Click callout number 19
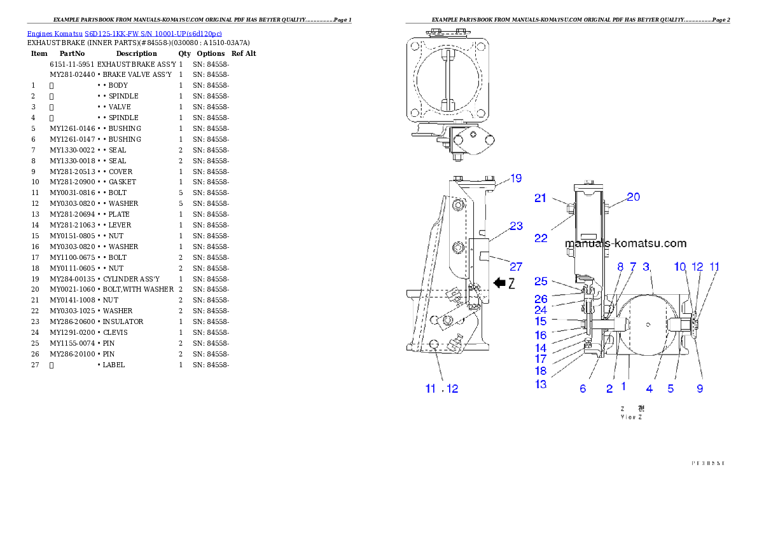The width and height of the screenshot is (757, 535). click(516, 179)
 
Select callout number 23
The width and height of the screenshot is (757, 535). click(516, 226)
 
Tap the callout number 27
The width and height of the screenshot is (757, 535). click(516, 267)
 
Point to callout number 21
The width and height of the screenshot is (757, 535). click(540, 198)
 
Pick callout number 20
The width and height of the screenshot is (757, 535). click(633, 197)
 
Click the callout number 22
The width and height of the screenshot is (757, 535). click(541, 238)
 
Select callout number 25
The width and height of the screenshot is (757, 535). click(541, 281)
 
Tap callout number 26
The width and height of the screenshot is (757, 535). click(541, 299)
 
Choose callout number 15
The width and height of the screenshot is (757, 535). click(541, 322)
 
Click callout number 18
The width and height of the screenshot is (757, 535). click(541, 370)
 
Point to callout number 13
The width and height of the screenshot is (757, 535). click(541, 384)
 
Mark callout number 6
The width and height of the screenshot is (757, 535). click(583, 389)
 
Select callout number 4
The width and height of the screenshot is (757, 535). click(649, 389)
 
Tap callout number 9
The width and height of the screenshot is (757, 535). click(700, 389)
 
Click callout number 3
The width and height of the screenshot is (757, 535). click(647, 267)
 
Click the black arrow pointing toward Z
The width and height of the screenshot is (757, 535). click(500, 283)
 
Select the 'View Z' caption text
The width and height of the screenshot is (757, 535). click(632, 417)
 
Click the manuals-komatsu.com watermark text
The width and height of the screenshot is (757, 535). click(625, 243)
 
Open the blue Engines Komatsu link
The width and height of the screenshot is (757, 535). click(124, 34)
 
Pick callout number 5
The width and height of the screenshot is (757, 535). click(670, 389)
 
